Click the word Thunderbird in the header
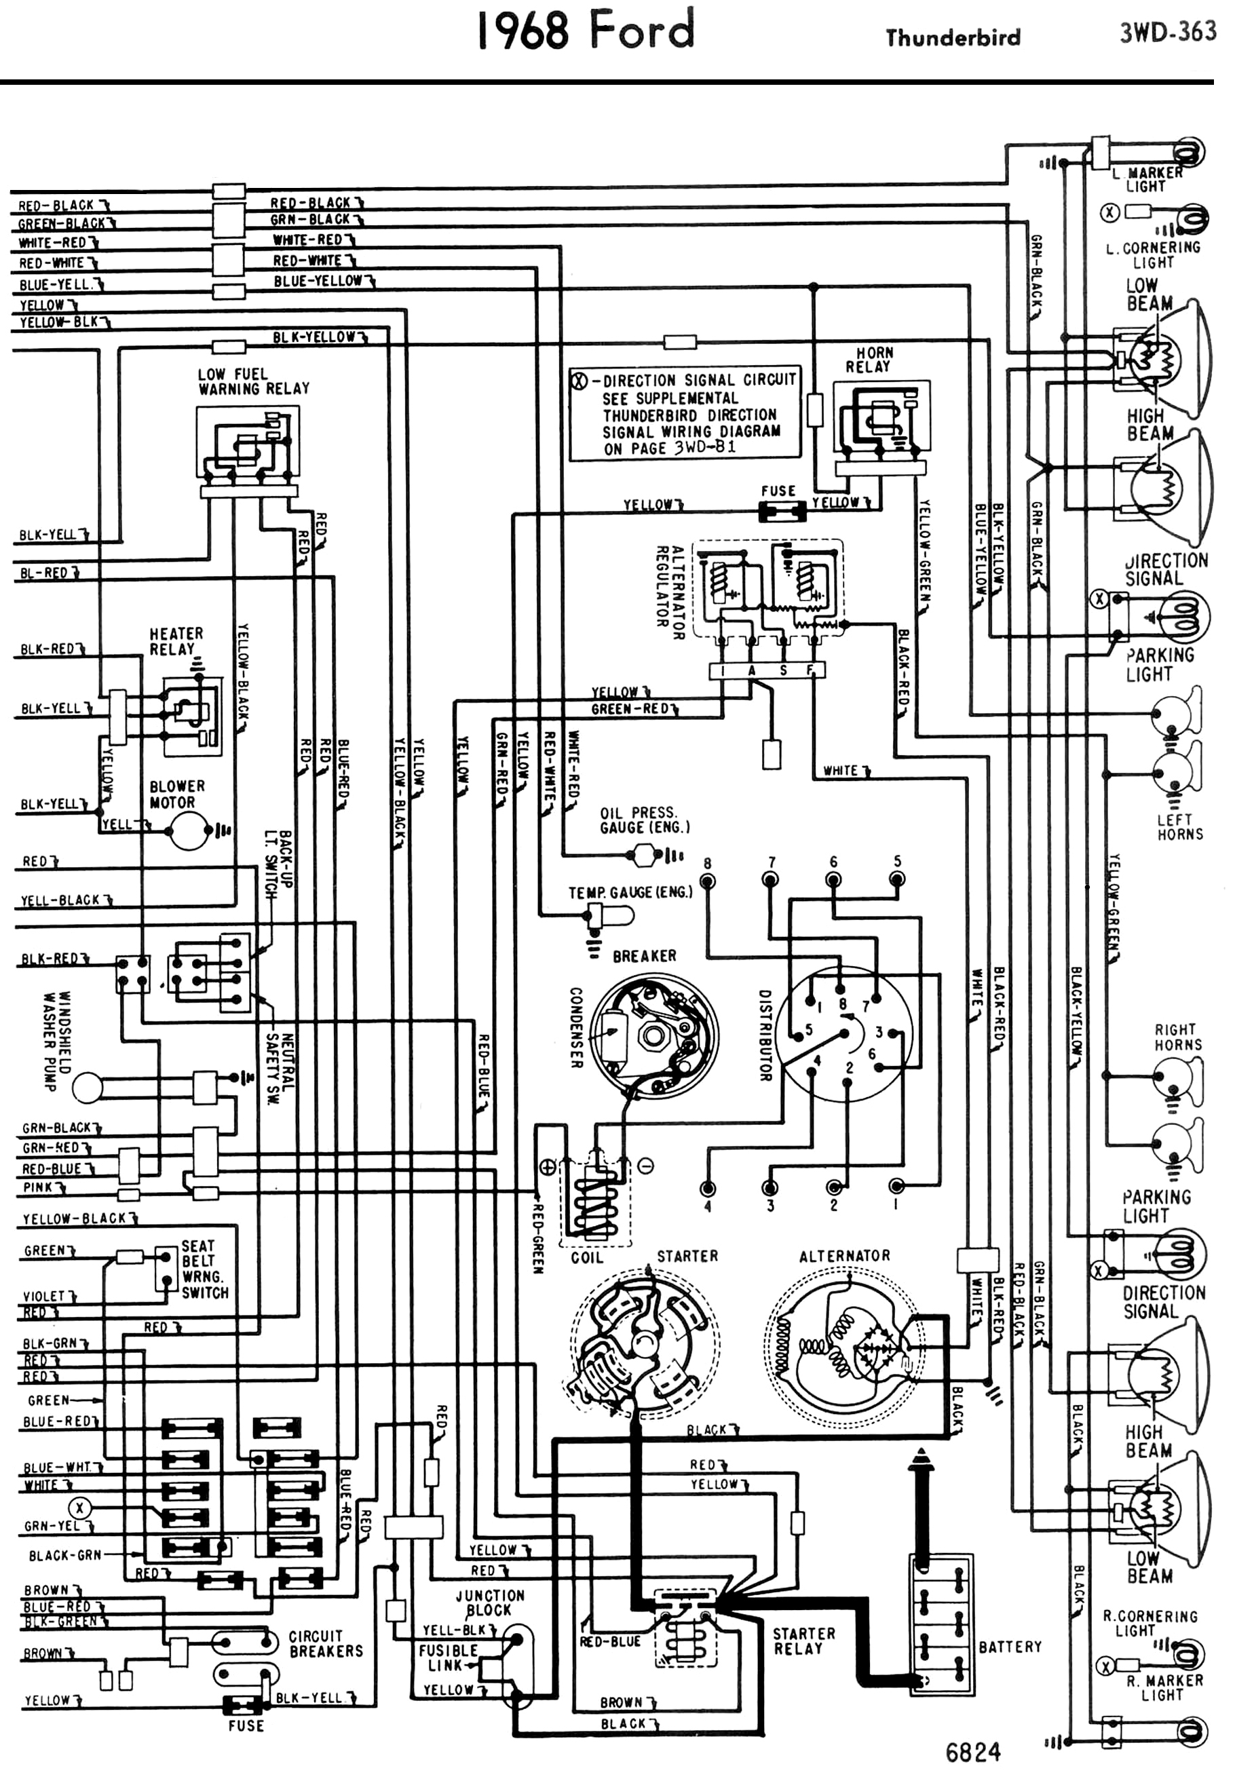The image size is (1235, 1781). coord(953,38)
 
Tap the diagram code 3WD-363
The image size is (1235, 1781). coord(1167,33)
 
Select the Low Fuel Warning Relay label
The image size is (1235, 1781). coord(253,381)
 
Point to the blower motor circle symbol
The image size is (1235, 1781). coord(189,831)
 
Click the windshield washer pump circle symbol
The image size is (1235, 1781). coord(88,1087)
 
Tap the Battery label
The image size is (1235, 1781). coord(1010,1647)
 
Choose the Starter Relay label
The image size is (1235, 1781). coord(803,1640)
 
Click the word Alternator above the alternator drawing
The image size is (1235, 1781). coord(844,1256)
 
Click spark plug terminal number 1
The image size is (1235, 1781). coord(896,1187)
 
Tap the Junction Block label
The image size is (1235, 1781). coord(489,1603)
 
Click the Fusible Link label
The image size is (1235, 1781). coord(447,1658)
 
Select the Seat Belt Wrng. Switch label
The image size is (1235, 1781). coord(204,1269)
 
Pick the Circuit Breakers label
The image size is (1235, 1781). coord(325,1643)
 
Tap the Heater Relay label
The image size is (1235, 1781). coord(176,641)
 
